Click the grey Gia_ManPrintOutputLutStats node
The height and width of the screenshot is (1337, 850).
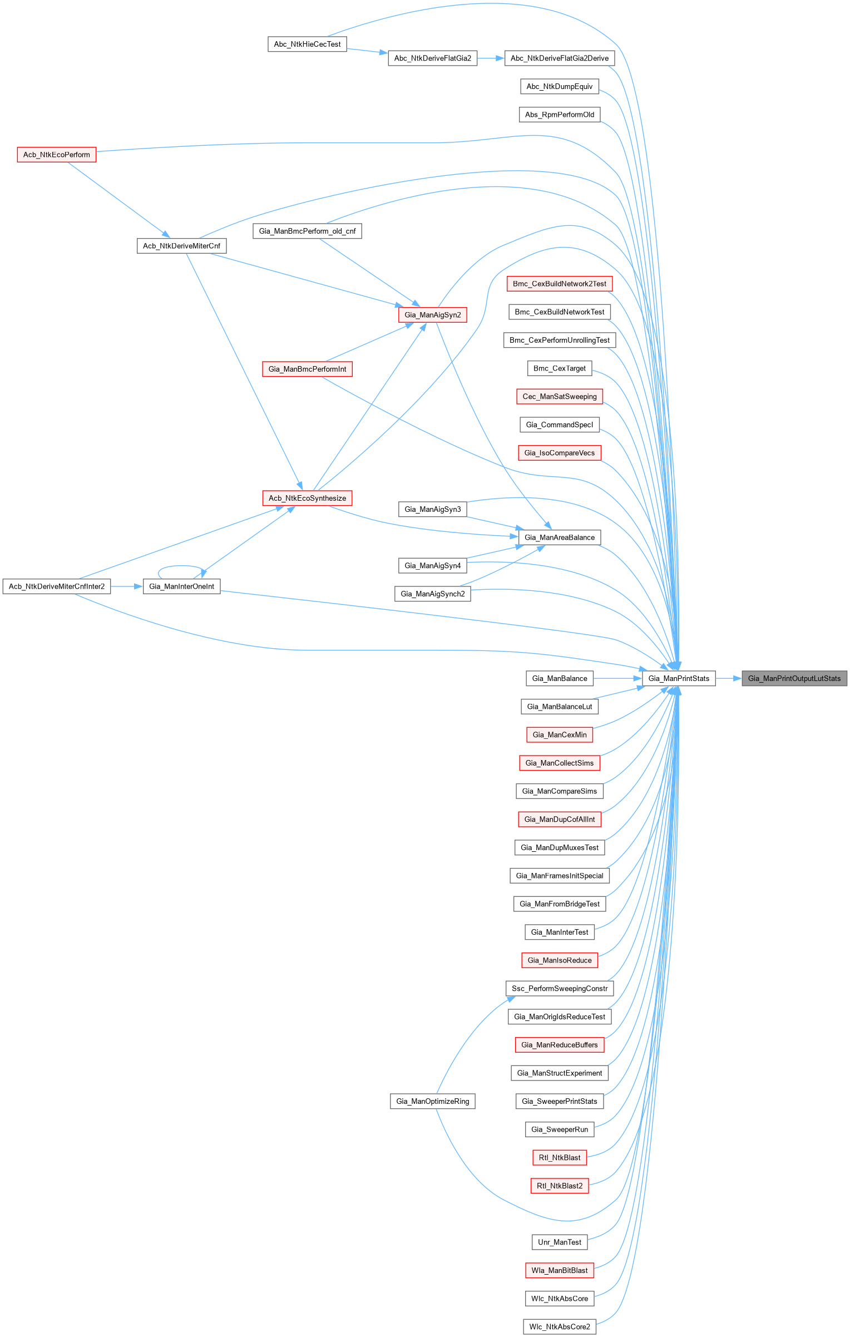point(794,678)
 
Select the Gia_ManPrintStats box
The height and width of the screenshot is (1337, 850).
point(679,678)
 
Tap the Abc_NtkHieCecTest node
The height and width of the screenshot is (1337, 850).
point(307,44)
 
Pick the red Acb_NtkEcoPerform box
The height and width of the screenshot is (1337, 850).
point(56,155)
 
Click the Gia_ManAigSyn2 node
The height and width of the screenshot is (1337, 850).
point(432,315)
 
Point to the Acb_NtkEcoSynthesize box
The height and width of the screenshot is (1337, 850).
point(307,498)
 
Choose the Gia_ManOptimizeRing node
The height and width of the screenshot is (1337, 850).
point(432,1101)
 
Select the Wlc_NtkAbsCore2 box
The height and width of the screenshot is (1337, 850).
point(560,1326)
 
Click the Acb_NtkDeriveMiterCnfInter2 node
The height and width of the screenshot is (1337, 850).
point(57,586)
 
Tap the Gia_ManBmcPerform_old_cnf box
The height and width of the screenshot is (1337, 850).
point(307,231)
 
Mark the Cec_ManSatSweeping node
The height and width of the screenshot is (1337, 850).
point(560,397)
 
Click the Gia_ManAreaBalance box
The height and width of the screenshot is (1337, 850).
point(560,537)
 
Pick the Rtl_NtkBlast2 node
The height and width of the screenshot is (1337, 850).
point(560,1186)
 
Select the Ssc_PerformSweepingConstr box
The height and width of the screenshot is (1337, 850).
point(560,988)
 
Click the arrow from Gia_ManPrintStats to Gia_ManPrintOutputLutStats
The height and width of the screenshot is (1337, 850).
point(729,678)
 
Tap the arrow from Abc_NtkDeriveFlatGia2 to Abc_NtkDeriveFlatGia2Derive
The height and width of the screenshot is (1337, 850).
point(491,58)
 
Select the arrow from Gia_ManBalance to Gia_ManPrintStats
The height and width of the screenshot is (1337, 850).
point(618,678)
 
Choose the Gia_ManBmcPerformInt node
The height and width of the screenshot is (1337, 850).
point(307,369)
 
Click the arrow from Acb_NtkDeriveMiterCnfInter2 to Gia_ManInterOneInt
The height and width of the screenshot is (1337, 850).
point(127,586)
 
